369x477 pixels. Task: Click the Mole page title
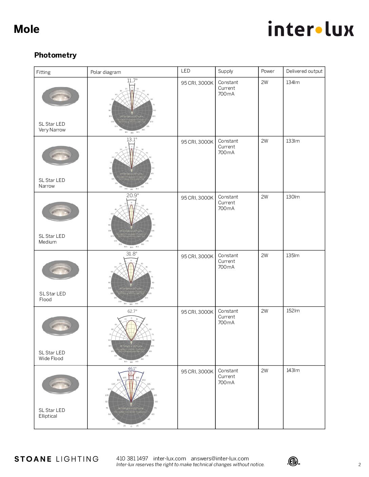(x=26, y=29)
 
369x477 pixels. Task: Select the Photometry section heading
(x=55, y=55)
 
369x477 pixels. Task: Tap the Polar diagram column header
(x=105, y=72)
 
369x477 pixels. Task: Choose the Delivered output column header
(x=304, y=71)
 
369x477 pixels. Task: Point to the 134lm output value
(x=293, y=82)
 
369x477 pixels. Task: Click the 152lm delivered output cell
(x=293, y=311)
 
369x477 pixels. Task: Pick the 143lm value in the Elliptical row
(x=293, y=370)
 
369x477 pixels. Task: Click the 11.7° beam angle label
(x=132, y=81)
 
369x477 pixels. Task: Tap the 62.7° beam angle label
(x=132, y=311)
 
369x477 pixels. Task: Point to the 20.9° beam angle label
(x=132, y=195)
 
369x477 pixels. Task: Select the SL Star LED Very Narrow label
(x=52, y=127)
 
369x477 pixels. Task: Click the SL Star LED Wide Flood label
(x=52, y=355)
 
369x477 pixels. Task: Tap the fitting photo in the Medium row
(x=60, y=211)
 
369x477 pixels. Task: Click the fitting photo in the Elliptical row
(x=60, y=385)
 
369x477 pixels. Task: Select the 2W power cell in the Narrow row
(x=265, y=141)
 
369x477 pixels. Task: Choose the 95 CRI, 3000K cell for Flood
(x=197, y=256)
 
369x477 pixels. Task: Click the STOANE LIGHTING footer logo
(x=56, y=459)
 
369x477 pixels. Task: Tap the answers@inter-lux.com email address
(x=220, y=458)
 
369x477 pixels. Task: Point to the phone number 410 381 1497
(x=132, y=458)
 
